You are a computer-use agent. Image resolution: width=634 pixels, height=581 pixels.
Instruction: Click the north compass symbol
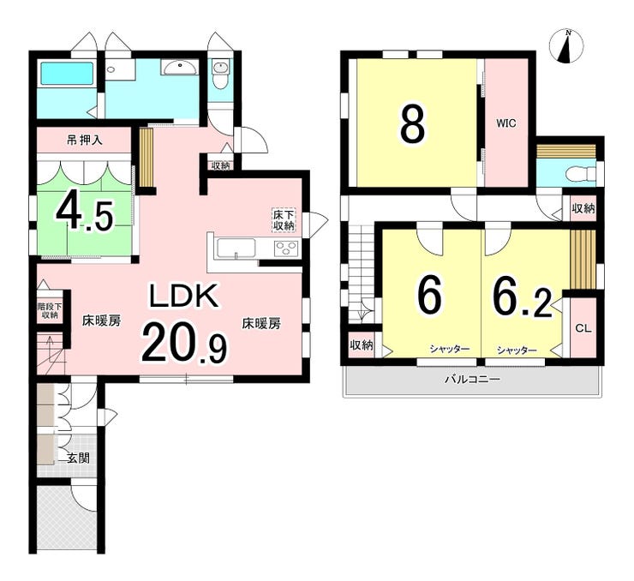coord(566,46)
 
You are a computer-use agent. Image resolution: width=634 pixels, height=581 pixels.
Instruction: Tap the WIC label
coord(506,123)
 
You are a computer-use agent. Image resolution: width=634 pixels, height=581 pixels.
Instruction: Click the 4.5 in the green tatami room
coord(85,215)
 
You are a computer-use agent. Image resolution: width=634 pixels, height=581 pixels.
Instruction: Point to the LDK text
coord(184,296)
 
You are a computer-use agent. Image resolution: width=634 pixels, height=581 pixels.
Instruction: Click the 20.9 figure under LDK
coord(183,344)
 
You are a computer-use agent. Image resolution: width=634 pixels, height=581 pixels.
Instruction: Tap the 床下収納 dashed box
coord(284,220)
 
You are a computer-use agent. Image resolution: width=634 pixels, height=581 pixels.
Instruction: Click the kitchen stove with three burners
coord(286,248)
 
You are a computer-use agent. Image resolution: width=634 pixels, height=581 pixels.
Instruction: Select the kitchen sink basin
coord(236,248)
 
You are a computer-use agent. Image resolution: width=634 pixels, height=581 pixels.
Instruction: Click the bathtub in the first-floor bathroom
coord(67,73)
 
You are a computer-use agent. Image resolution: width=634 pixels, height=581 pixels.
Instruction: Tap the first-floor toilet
coord(220,75)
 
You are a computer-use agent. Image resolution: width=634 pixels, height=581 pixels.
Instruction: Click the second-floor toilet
coord(582,175)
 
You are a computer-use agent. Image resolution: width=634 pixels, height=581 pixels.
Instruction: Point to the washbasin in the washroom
coord(180,67)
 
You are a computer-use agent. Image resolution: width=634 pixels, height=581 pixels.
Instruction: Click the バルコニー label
coord(473,380)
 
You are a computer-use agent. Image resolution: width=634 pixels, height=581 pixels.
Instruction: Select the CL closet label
coord(583,328)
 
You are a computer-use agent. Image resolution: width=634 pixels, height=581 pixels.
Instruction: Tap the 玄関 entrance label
coord(78,458)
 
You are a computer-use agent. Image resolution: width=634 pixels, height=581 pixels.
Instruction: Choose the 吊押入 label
coord(85,141)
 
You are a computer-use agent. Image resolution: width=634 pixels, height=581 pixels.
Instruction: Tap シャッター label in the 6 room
coord(450,349)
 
